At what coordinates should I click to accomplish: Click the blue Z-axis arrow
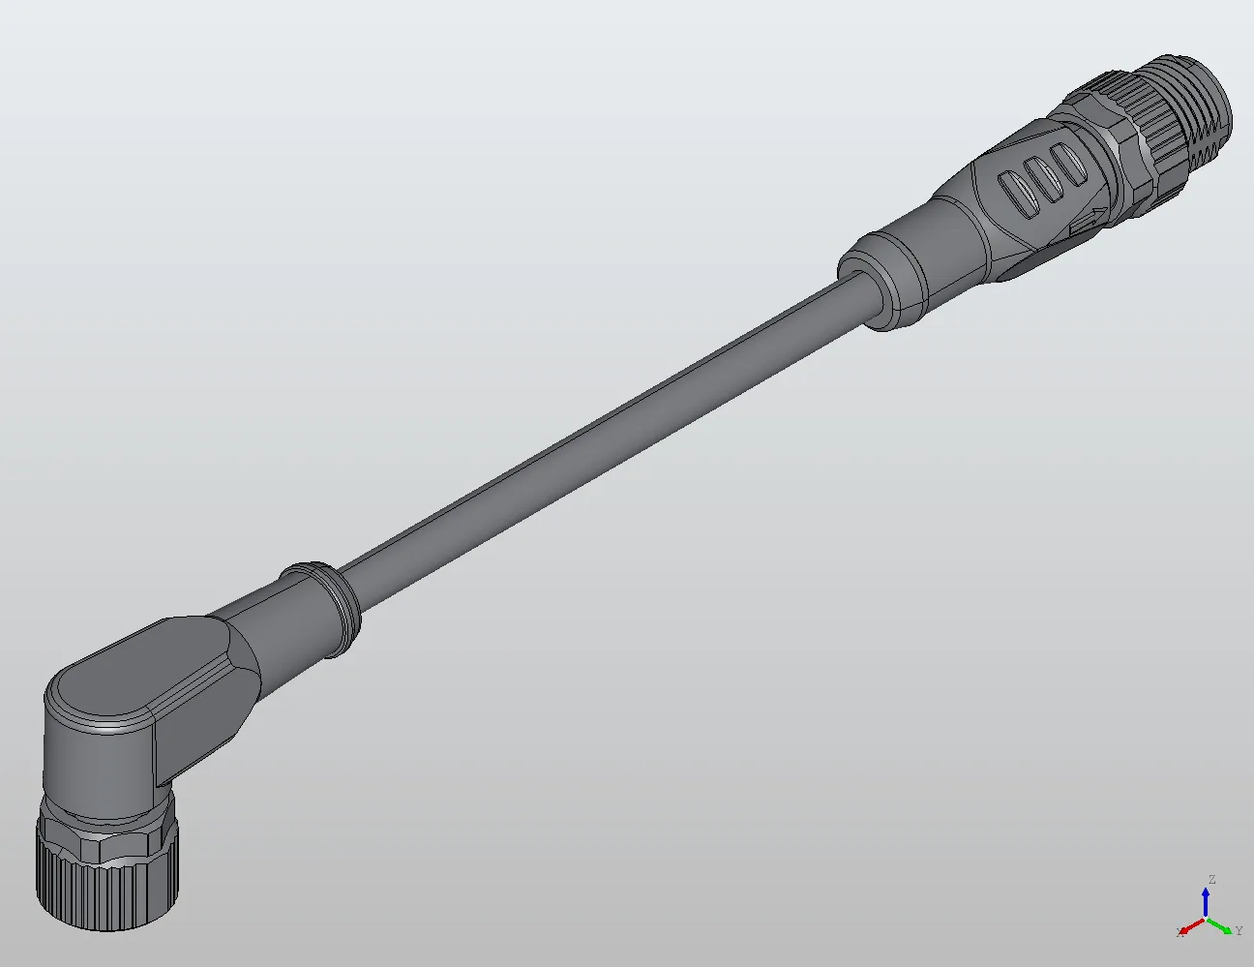tap(1206, 902)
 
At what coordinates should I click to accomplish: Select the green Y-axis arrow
tap(1224, 926)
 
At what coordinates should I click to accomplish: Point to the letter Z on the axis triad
tap(1210, 880)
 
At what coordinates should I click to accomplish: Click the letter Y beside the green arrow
tap(1239, 931)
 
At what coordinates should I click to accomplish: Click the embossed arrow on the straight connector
tap(1090, 222)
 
